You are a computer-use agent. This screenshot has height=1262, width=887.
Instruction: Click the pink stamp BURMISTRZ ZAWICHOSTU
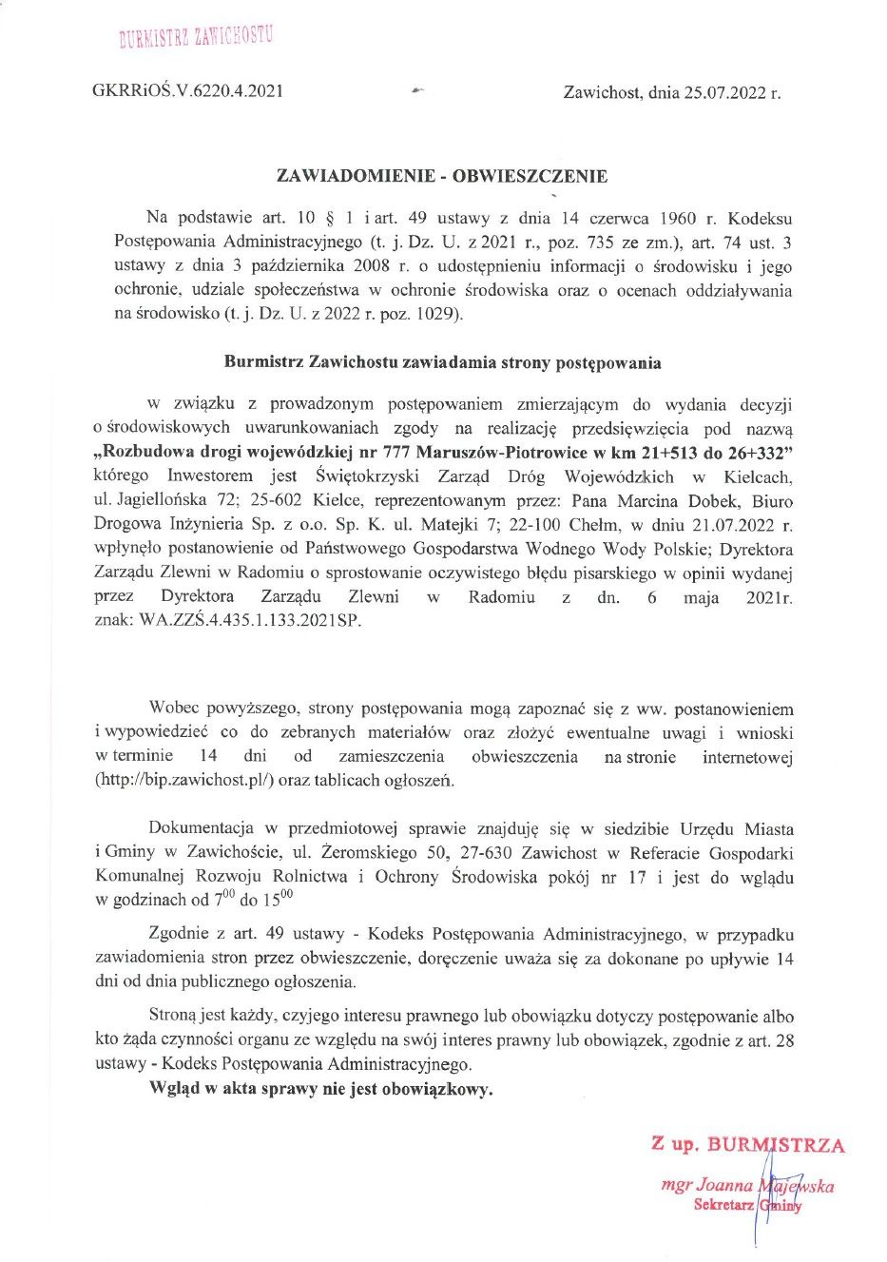[195, 37]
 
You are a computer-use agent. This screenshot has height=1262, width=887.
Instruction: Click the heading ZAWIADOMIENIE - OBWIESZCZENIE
[441, 176]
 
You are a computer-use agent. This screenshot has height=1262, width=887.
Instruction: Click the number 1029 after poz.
[437, 314]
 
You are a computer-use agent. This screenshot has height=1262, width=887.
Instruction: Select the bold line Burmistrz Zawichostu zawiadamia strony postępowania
[442, 362]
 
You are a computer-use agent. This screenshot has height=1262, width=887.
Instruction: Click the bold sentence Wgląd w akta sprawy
[321, 1089]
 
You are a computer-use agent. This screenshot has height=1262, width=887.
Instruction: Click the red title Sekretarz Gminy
[747, 1205]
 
